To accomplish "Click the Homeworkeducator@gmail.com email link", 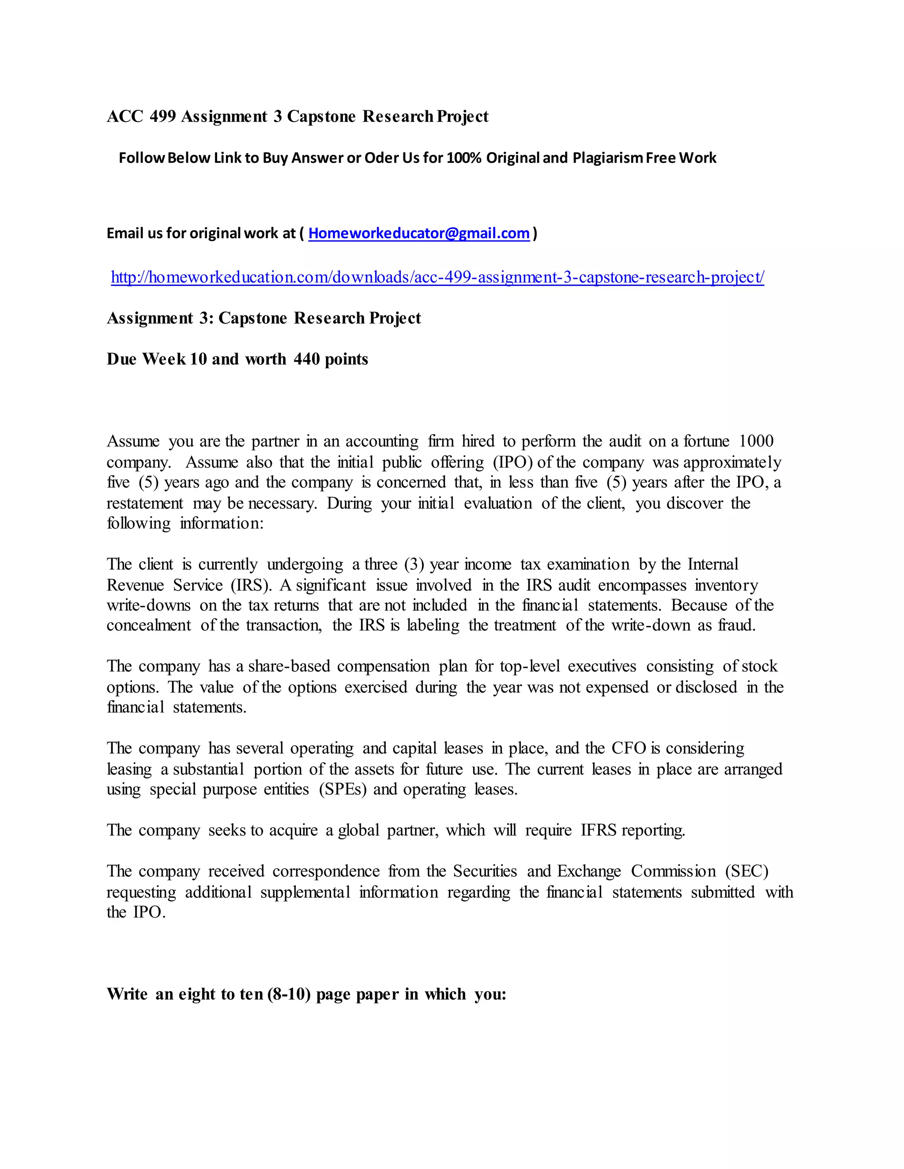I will click(x=419, y=233).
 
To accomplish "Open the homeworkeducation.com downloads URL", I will click(x=437, y=277).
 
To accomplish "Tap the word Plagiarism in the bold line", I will click(x=607, y=158).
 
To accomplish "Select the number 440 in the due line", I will click(x=306, y=359).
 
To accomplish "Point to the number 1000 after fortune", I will click(x=756, y=441).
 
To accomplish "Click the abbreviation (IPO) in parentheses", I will click(x=512, y=462).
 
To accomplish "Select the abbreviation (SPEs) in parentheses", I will click(x=343, y=790).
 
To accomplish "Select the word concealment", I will click(x=148, y=625).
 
